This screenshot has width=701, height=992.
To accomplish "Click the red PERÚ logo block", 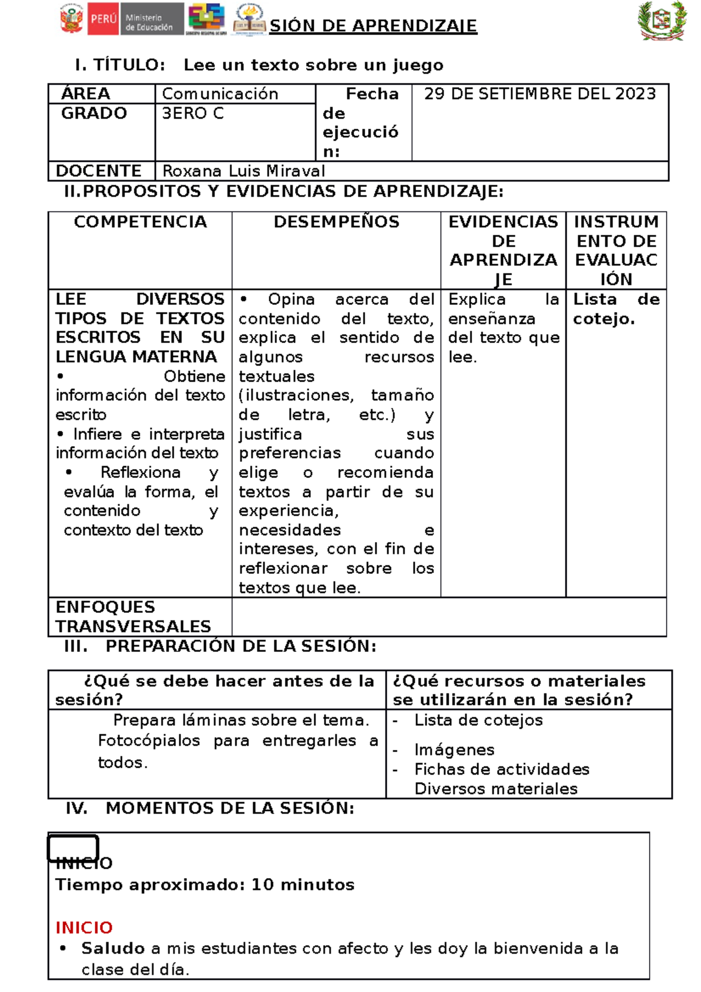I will (x=103, y=19).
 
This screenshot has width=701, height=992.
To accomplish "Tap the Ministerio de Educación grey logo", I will (x=151, y=19).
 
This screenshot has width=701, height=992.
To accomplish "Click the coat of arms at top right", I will (x=662, y=20).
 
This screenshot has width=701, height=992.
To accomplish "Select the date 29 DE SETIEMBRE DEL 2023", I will (x=540, y=94).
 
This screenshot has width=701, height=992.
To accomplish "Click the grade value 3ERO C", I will (x=193, y=113).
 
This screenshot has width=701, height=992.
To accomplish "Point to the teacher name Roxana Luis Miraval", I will (x=243, y=171).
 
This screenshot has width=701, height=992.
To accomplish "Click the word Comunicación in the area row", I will (x=220, y=94).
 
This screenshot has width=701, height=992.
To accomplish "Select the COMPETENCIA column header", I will (x=140, y=222).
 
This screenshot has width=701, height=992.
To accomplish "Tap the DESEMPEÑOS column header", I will (x=336, y=222).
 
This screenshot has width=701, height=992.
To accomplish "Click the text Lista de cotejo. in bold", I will (x=616, y=309).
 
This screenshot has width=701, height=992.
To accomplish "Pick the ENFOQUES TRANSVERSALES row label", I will (x=133, y=617).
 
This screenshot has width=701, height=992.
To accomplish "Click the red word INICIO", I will (x=84, y=928).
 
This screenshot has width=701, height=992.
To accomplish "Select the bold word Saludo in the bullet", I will (x=113, y=948).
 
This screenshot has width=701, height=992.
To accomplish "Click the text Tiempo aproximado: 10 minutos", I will (x=204, y=885).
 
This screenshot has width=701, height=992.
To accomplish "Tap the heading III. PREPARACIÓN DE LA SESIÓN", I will (x=220, y=646).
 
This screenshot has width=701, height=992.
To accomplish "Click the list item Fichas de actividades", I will (x=501, y=769).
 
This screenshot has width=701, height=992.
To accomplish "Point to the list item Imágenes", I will (x=454, y=750).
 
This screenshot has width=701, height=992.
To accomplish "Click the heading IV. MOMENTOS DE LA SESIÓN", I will (x=210, y=809).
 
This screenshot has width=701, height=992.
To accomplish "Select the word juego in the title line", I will (x=418, y=65).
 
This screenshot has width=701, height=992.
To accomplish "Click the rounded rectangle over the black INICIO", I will (x=73, y=848).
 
